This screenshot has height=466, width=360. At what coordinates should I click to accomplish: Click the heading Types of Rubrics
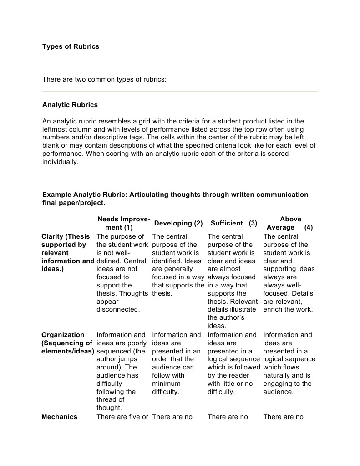pos(71,46)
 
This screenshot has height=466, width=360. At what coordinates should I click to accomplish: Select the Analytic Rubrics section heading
pos(70,105)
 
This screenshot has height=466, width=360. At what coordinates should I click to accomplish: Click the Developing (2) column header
pos(178,223)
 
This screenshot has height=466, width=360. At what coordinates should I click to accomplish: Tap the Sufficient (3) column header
pos(234,223)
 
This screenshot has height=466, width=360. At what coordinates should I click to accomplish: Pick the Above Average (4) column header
pos(290,223)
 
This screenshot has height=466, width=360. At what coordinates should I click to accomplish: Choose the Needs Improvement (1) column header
pos(123,223)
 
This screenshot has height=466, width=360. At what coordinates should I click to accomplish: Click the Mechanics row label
pos(59,417)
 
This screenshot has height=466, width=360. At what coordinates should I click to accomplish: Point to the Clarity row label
pos(66,253)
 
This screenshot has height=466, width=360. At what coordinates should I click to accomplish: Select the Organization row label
pos(67,343)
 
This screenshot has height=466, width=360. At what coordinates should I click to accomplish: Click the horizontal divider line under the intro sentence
pos(180,92)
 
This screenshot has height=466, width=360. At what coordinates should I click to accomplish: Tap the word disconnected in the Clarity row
pos(118,310)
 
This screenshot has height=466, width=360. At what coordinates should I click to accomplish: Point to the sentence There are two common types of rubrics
pos(105,79)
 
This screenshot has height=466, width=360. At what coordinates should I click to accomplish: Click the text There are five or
pos(122,417)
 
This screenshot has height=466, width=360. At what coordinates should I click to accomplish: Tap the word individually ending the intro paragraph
pos(60,162)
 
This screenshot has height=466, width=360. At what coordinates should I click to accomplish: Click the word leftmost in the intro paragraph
pos(56,129)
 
